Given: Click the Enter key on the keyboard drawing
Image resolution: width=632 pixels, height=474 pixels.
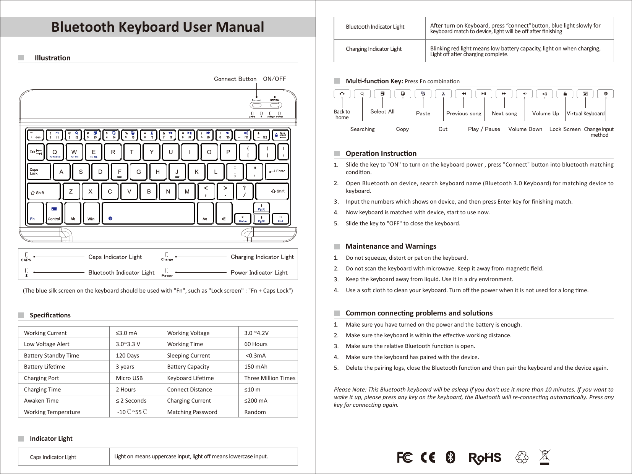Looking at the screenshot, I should pyautogui.click(x=276, y=171).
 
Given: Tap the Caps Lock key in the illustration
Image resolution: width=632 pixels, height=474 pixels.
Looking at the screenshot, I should pyautogui.click(x=39, y=171).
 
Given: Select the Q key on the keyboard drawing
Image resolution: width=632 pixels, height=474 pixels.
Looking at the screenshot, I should pyautogui.click(x=55, y=152).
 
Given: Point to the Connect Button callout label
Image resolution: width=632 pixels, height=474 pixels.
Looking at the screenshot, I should pyautogui.click(x=235, y=79).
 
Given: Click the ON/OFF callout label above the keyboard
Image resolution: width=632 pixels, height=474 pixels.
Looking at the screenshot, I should pyautogui.click(x=274, y=79).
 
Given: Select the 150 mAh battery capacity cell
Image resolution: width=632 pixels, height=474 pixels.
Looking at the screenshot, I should pyautogui.click(x=256, y=367).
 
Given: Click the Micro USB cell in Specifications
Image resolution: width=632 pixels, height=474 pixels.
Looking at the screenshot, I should pyautogui.click(x=129, y=378).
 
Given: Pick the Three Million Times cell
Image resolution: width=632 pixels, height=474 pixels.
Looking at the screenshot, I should pyautogui.click(x=269, y=378).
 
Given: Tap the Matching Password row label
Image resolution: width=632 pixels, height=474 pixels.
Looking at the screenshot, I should pyautogui.click(x=192, y=412).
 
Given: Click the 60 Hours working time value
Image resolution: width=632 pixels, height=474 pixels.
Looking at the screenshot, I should pyautogui.click(x=256, y=344).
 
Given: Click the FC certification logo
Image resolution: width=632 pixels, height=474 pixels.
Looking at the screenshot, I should pyautogui.click(x=405, y=457).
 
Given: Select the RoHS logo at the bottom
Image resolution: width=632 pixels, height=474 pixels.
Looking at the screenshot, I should pyautogui.click(x=485, y=458).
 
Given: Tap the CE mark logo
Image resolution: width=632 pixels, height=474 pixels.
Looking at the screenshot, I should pyautogui.click(x=428, y=457).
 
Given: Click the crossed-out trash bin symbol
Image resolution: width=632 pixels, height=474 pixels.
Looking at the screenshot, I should pyautogui.click(x=544, y=457).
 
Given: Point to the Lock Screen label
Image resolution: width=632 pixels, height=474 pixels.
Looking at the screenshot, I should pyautogui.click(x=565, y=129).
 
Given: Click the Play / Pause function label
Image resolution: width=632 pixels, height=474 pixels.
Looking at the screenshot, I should pyautogui.click(x=484, y=129).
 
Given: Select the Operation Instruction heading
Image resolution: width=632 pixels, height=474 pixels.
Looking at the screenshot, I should pyautogui.click(x=381, y=154).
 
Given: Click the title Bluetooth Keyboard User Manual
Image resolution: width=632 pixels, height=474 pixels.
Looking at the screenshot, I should pyautogui.click(x=158, y=27).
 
